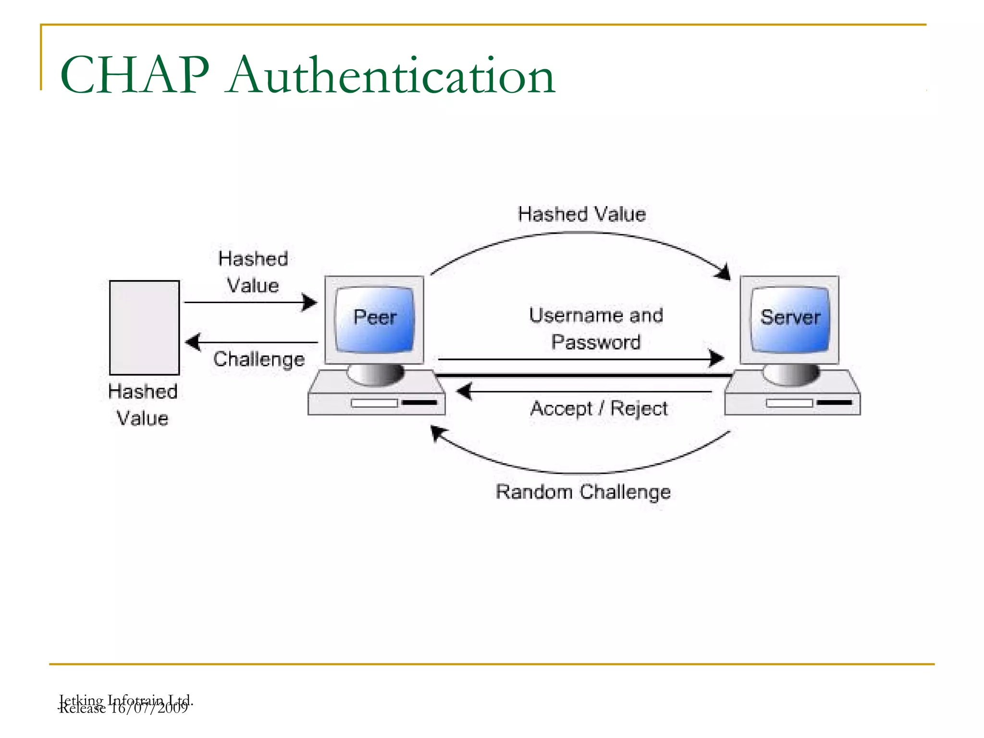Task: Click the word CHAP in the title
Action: (x=135, y=75)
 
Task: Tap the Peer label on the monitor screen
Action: (x=375, y=317)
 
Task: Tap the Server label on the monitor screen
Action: (x=790, y=317)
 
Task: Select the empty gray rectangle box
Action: (x=144, y=328)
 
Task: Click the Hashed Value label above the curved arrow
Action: (x=581, y=214)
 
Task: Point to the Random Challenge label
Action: (x=583, y=492)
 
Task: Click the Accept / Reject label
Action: (x=599, y=409)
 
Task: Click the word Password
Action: (x=596, y=342)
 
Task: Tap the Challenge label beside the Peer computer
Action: (x=259, y=359)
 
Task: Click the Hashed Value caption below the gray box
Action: (x=143, y=405)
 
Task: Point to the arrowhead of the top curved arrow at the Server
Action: (x=724, y=272)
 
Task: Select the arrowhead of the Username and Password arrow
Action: (x=717, y=358)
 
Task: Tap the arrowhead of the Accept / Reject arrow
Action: (x=464, y=392)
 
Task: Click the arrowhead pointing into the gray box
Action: (x=192, y=342)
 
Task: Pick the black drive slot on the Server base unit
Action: (x=835, y=402)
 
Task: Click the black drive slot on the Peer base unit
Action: (x=419, y=402)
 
